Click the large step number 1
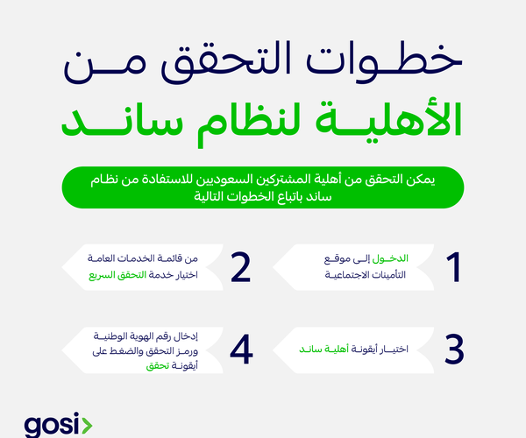(454, 267)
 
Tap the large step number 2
(240, 267)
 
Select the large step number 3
(454, 350)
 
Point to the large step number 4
(242, 350)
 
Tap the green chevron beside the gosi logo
(87, 426)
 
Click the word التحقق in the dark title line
(221, 62)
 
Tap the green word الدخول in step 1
(390, 258)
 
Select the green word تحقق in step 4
(157, 365)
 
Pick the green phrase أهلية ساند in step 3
(324, 350)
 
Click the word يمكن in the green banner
(424, 180)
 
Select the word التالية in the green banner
(204, 196)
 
